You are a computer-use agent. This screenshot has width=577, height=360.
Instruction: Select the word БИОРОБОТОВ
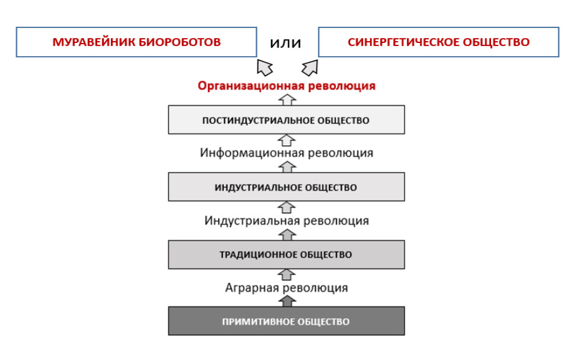179,42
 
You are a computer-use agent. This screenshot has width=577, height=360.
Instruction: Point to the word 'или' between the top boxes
285,43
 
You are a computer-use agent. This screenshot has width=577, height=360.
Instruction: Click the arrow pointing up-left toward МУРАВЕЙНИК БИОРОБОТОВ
265,67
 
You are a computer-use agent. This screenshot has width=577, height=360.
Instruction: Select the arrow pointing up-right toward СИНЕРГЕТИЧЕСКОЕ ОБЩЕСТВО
310,68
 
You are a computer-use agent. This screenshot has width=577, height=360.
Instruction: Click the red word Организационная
251,86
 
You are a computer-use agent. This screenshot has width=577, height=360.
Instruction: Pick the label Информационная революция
286,153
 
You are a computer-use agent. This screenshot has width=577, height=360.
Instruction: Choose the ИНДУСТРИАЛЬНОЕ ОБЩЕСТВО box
286,187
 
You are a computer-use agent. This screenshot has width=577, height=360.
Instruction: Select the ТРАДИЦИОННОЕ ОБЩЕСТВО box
286,255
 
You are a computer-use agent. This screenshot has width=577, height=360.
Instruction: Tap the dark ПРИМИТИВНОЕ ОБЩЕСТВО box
286,321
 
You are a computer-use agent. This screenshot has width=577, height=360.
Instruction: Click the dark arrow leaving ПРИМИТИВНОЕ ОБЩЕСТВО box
287,301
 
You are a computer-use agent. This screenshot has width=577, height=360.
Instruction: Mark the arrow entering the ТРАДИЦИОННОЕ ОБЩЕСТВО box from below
287,274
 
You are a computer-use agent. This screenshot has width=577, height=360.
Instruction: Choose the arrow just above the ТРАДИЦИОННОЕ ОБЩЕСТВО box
287,235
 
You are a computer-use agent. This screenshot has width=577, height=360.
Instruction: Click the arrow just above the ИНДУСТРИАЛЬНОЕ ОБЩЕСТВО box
287,167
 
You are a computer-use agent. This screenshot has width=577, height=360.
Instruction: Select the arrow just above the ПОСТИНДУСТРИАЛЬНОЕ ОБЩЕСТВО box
287,100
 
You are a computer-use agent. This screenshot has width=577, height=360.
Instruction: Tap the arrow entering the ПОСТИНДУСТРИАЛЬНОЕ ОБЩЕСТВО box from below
287,140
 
